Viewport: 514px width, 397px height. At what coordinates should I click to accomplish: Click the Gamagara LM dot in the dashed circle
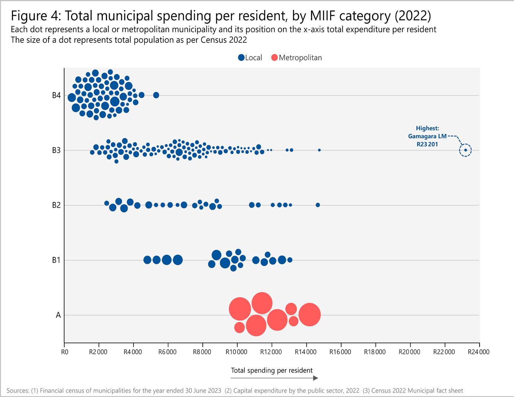[465, 150]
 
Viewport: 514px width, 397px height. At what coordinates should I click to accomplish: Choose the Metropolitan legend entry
[296, 58]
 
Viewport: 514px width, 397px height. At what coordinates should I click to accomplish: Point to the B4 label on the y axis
[56, 96]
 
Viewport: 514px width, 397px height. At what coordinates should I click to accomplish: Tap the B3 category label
[56, 150]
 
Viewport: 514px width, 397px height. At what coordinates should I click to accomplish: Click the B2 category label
[56, 205]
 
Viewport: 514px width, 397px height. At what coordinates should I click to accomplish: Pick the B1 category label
[56, 260]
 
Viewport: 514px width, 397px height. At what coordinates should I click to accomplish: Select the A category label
[58, 315]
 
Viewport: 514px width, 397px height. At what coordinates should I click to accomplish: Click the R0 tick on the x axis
[64, 352]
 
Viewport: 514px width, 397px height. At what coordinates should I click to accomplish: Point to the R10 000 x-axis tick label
[237, 352]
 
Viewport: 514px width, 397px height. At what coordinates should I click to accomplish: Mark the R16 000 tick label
[340, 352]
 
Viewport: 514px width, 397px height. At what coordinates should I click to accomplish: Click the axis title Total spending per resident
[272, 370]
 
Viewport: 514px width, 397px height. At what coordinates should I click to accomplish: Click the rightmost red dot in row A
[309, 315]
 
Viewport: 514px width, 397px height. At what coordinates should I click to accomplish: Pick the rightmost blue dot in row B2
[318, 205]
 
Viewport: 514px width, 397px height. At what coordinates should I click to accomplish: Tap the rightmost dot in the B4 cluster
[156, 95]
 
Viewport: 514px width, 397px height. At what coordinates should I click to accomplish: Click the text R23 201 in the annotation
[428, 144]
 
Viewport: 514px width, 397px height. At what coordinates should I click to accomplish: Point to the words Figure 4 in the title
[34, 16]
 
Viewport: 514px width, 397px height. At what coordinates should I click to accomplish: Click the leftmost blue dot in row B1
[147, 260]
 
